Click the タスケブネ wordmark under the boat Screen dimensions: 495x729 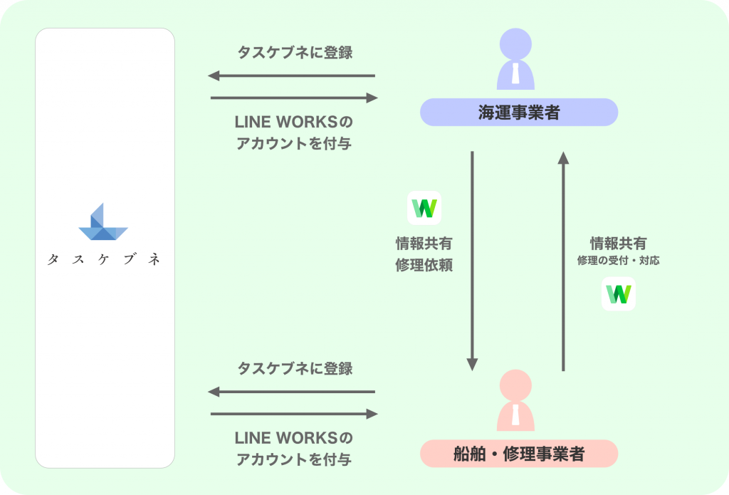pyautogui.click(x=104, y=260)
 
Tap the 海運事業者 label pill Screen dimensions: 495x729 pyautogui.click(x=518, y=112)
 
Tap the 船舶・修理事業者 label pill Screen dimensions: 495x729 pyautogui.click(x=518, y=454)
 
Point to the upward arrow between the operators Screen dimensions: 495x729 pyautogui.click(x=564, y=260)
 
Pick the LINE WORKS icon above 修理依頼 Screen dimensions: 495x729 pyautogui.click(x=424, y=208)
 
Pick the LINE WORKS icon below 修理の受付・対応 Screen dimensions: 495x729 pyautogui.click(x=619, y=293)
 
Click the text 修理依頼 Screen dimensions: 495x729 pyautogui.click(x=424, y=266)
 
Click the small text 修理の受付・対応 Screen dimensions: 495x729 pyautogui.click(x=618, y=261)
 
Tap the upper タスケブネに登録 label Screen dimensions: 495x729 pyautogui.click(x=294, y=53)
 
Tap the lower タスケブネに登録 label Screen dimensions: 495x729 pyautogui.click(x=294, y=369)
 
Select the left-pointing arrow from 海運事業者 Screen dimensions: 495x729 pyautogui.click(x=291, y=75)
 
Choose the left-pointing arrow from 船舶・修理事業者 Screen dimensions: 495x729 pyautogui.click(x=291, y=392)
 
